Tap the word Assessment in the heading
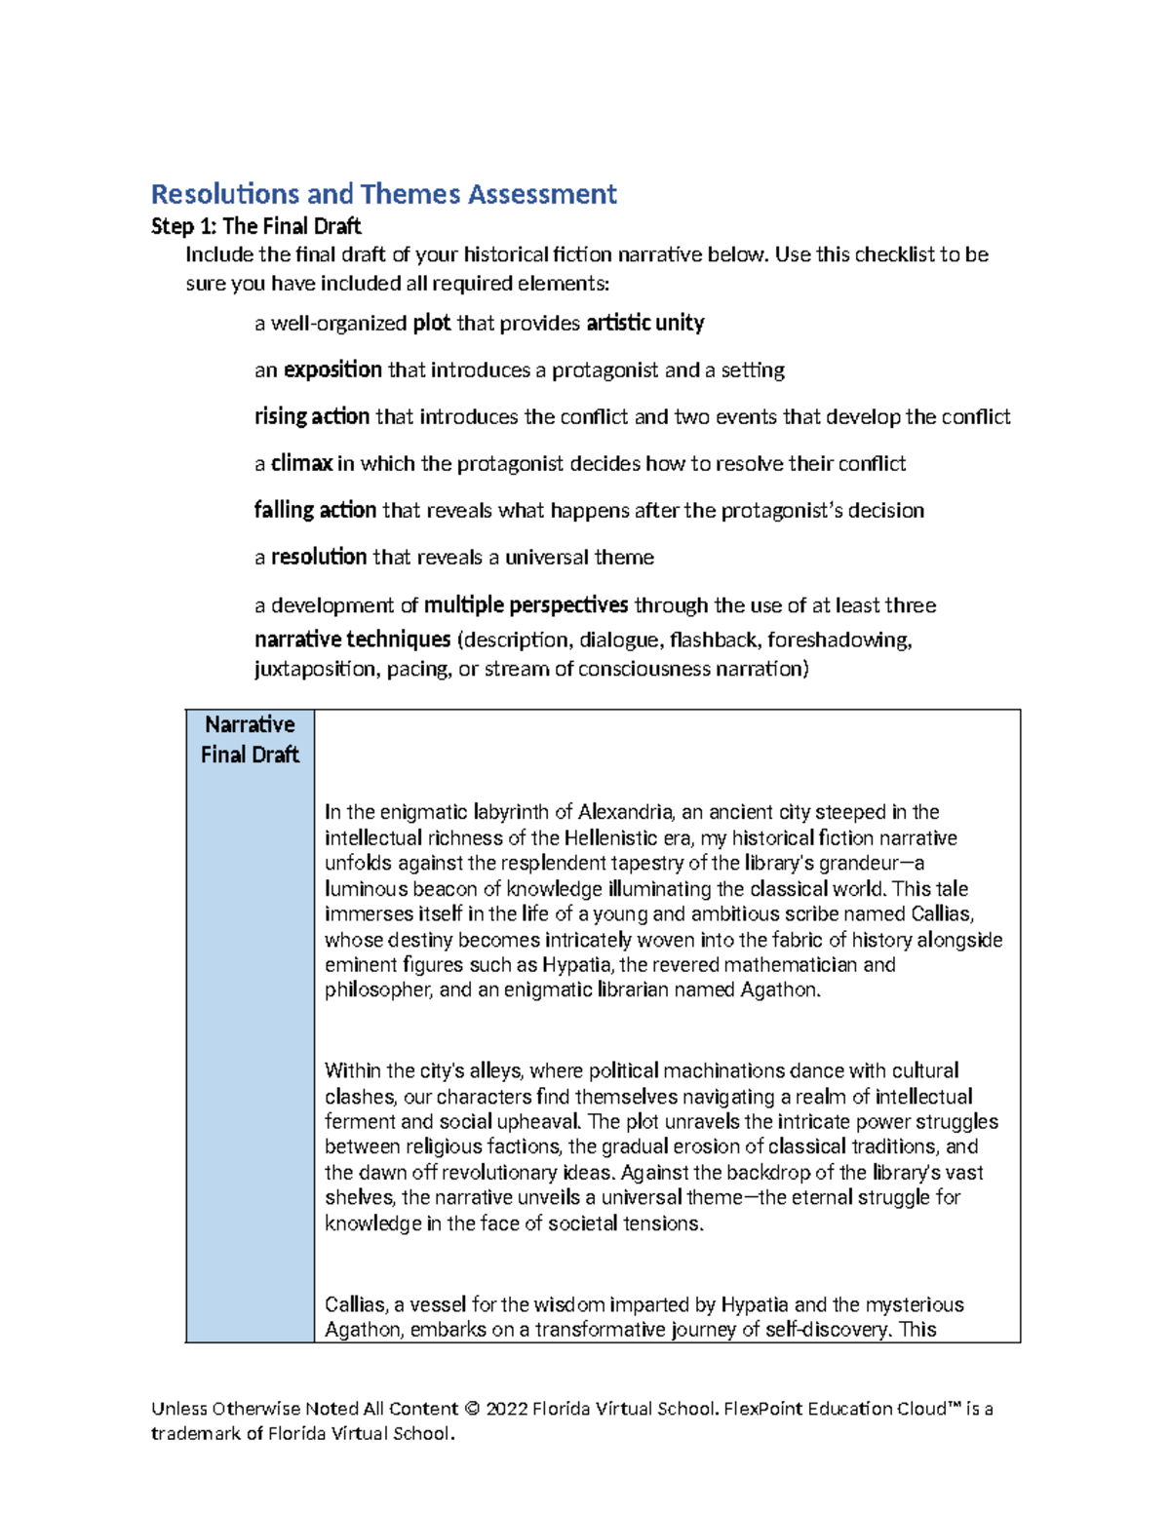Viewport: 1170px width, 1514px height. (542, 194)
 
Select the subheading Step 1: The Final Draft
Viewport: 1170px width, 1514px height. (256, 226)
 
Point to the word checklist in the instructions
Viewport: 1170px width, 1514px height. (894, 254)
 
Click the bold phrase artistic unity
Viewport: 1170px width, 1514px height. (645, 323)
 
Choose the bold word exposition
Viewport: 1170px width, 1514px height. (332, 369)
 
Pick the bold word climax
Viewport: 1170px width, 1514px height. (301, 463)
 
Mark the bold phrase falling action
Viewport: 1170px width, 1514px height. (315, 510)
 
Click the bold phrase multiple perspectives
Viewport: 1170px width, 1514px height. (526, 605)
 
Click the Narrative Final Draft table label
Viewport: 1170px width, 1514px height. (250, 739)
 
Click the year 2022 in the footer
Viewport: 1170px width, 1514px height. (507, 1409)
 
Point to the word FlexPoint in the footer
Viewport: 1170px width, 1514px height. (765, 1409)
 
